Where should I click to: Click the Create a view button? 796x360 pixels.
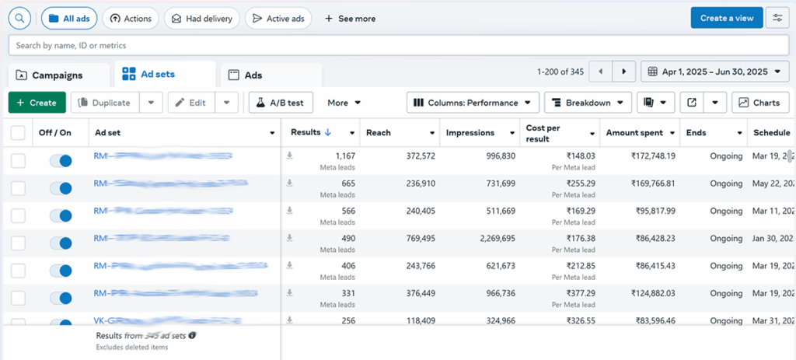point(726,18)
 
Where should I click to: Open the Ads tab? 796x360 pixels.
point(253,75)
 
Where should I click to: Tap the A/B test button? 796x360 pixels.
point(281,103)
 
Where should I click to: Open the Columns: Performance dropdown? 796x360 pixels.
point(473,103)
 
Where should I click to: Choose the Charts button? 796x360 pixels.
point(759,103)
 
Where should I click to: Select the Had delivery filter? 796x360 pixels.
point(202,19)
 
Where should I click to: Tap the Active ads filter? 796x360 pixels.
point(279,19)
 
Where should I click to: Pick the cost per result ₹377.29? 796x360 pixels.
point(578,293)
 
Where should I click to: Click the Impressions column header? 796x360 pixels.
point(470,133)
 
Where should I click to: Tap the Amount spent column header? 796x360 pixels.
point(634,133)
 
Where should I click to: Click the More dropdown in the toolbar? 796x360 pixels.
point(344,103)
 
